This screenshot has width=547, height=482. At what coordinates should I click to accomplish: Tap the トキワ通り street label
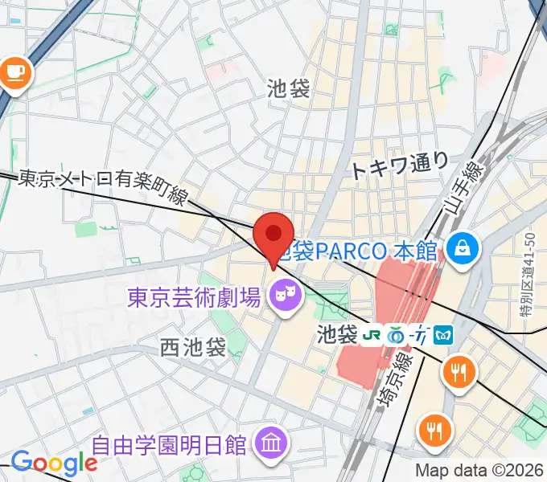click(400, 166)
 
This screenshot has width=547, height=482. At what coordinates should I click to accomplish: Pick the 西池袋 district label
click(192, 348)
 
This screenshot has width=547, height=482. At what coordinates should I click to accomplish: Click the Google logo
click(54, 463)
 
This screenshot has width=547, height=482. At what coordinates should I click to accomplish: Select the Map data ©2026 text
click(479, 471)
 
